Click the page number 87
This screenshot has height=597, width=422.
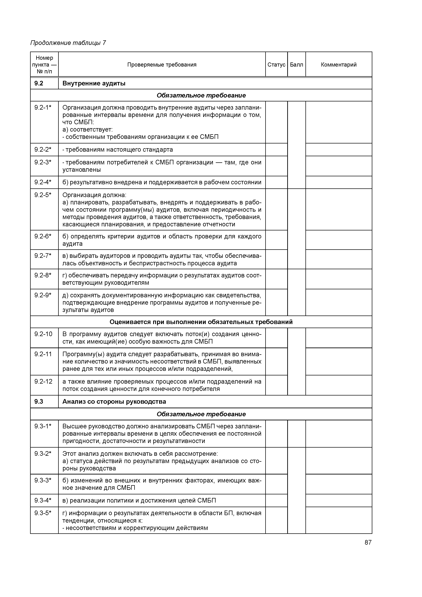[x=368, y=542]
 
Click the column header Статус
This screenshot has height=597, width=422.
[x=276, y=64]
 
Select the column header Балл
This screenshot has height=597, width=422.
[x=296, y=64]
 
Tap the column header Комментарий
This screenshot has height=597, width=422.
[x=339, y=64]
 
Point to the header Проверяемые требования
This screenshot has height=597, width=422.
[x=162, y=64]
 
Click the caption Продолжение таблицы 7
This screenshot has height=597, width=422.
[x=68, y=43]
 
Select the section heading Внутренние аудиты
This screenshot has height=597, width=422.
[x=94, y=83]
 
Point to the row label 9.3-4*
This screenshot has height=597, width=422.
[x=43, y=500]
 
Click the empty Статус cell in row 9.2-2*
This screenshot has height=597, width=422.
[x=276, y=150]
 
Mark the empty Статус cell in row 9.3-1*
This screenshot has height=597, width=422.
[x=276, y=433]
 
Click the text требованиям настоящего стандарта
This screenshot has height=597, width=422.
[x=119, y=150]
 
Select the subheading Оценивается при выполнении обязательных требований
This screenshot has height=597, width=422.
[x=201, y=322]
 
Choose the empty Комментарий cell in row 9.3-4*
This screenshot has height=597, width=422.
[x=339, y=500]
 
